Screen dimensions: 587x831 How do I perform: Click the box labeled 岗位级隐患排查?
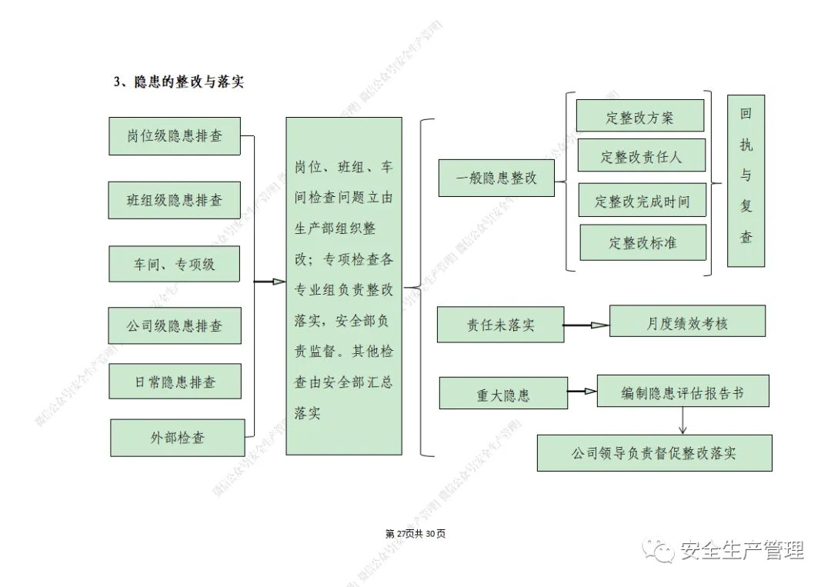175,135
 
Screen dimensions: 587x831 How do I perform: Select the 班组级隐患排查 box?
175,200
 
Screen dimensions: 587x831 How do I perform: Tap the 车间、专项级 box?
174,264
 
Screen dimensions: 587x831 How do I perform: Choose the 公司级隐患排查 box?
175,325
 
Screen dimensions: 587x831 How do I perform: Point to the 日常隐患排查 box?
175,382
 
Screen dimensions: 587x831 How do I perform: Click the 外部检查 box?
178,438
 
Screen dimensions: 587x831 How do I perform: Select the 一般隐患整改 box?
496,178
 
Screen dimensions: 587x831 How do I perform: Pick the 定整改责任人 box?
641,157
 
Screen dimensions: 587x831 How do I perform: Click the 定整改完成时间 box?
642,201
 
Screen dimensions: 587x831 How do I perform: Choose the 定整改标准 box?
642,242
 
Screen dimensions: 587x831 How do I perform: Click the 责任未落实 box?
500,325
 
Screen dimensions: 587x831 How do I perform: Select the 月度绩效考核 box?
687,322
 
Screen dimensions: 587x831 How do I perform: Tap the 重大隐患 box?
503,394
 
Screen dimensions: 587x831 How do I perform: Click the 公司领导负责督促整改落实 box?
654,452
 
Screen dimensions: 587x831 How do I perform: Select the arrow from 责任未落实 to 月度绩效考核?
586,325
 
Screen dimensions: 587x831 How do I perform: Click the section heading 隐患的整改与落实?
179,82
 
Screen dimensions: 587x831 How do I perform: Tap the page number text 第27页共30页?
415,534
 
